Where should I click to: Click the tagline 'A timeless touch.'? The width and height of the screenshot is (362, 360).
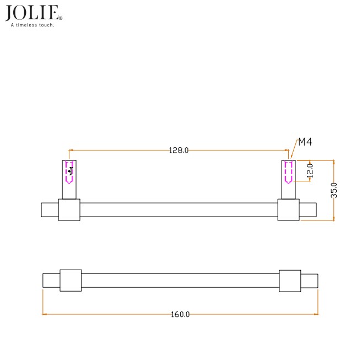[x=33, y=25]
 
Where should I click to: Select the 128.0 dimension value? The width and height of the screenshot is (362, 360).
[x=179, y=150]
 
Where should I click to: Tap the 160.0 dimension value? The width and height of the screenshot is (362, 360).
[x=180, y=314]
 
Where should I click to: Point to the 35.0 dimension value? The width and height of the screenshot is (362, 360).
[x=334, y=190]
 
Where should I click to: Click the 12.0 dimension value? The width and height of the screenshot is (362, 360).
[x=310, y=170]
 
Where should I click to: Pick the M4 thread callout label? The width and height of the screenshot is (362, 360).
[x=305, y=142]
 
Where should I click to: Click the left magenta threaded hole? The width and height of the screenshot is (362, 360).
[x=69, y=171]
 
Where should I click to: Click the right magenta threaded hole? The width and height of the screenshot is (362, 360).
[x=288, y=172]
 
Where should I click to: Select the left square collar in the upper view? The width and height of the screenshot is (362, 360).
[x=69, y=210]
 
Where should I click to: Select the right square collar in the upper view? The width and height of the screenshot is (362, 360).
[x=288, y=210]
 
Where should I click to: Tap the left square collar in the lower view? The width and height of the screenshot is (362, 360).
[x=71, y=280]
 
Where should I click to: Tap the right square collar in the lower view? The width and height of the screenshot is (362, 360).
[x=290, y=281]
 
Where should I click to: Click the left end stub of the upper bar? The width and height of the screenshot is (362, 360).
[x=50, y=210]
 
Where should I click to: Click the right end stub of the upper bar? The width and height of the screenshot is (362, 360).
[x=308, y=210]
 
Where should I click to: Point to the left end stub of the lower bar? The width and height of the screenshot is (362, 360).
[x=51, y=281]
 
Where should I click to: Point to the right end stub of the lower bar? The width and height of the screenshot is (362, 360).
[x=309, y=281]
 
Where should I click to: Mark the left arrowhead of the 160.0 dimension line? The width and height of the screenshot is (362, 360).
[x=45, y=314]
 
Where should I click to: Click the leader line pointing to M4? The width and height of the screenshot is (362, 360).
[x=293, y=152]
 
